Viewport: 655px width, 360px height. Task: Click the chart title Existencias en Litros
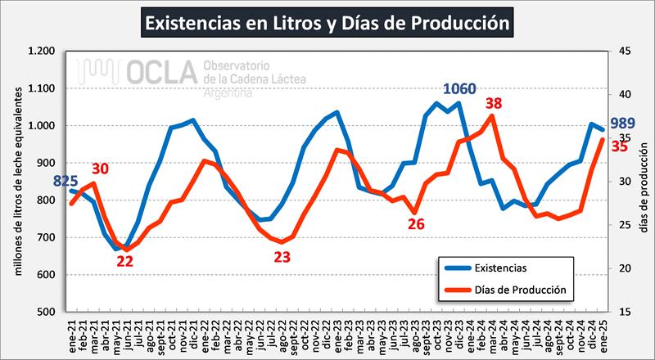(x=327, y=23)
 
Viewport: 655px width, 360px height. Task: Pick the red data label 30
(x=100, y=169)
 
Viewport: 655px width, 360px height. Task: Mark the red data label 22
(x=125, y=262)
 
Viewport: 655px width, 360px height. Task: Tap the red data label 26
(x=416, y=223)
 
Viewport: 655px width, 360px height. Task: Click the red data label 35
(x=620, y=146)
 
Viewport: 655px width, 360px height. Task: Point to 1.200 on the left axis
(x=41, y=51)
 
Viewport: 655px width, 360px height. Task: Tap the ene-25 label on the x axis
(x=603, y=334)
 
